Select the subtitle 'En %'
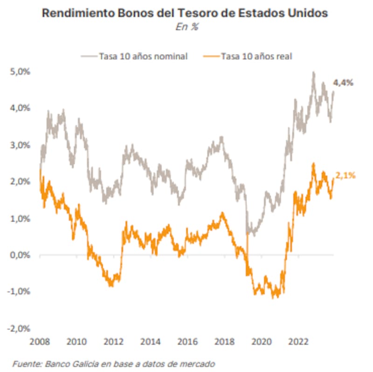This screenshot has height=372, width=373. pos(186,28)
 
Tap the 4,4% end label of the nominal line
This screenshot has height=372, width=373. pos(343,83)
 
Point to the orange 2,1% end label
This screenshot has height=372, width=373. pos(345,176)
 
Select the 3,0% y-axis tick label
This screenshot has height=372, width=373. pos(19,145)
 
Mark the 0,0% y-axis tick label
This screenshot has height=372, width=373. pos(19,255)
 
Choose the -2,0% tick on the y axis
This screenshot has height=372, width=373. pos(18,328)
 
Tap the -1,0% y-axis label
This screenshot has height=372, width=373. pos(18,292)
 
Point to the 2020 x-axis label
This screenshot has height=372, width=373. pos(260,341)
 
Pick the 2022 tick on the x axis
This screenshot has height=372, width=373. pos(297,341)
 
